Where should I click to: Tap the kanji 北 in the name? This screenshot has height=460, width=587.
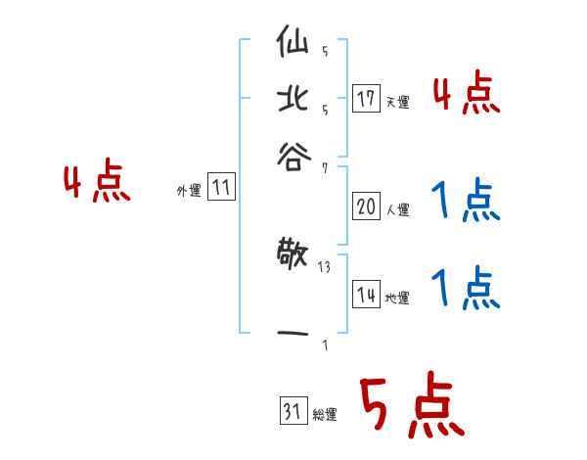[293, 100]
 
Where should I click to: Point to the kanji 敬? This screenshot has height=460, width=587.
[293, 257]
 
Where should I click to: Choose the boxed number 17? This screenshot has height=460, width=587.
[366, 99]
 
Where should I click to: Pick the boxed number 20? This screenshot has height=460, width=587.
[366, 207]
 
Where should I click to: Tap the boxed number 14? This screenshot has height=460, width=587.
[366, 296]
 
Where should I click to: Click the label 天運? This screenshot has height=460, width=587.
[397, 102]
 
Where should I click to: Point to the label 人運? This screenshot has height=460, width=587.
[397, 209]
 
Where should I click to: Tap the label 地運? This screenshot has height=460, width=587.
[397, 299]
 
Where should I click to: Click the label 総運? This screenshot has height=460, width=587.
[324, 415]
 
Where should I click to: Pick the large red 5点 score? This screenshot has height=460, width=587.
[411, 407]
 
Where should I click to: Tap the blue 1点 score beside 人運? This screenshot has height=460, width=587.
[466, 203]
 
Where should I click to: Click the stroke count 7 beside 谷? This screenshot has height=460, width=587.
[324, 168]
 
